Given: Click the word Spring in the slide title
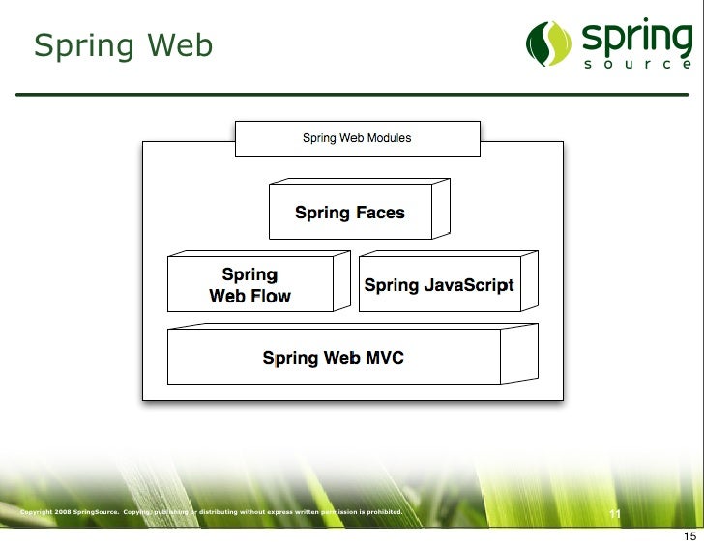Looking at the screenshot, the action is click(81, 46).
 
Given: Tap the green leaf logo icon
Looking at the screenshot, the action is click(549, 43).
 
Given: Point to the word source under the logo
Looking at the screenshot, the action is click(637, 65).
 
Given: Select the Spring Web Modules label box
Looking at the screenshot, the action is click(357, 138).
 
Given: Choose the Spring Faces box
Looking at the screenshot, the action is click(350, 213).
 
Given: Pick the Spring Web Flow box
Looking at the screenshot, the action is click(249, 285).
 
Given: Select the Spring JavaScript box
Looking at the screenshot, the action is click(439, 285).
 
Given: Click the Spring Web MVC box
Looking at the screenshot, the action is click(334, 358).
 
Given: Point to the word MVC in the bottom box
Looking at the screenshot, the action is click(385, 358).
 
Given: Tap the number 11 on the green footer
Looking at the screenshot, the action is click(614, 513).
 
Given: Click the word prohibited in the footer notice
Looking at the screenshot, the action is click(381, 511).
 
